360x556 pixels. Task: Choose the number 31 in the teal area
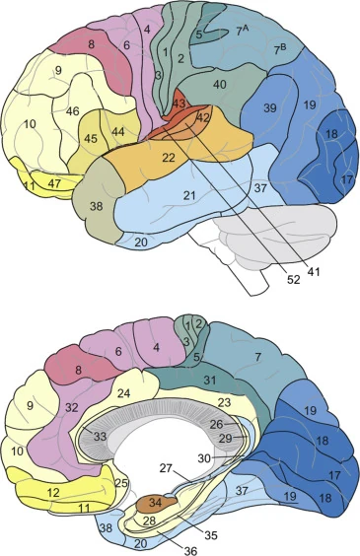click(x=211, y=380)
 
